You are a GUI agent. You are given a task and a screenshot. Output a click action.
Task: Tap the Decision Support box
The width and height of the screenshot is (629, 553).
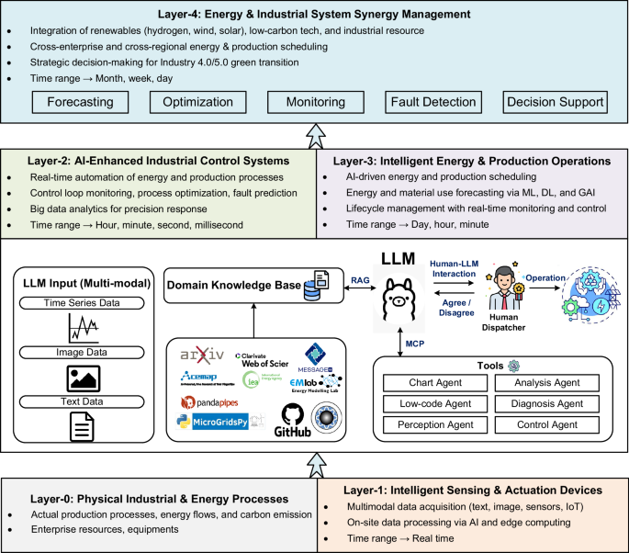[x=557, y=102]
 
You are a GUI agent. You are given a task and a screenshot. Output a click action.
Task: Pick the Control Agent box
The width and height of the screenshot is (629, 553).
[x=546, y=425]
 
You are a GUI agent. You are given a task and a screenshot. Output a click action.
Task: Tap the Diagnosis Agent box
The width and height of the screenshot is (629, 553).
[x=546, y=404]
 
